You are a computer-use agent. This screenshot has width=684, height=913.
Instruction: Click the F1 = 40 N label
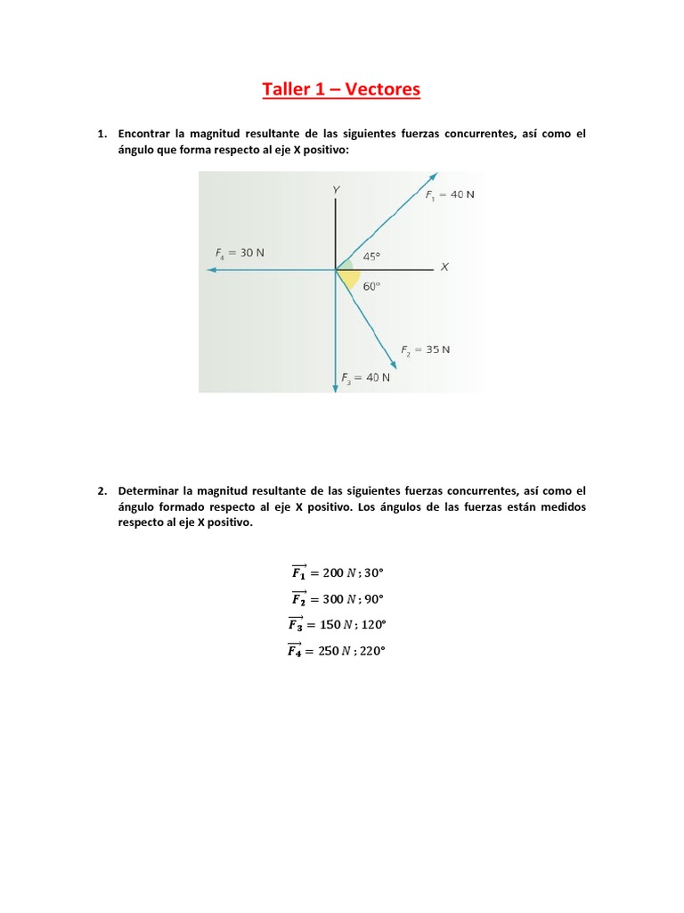449,195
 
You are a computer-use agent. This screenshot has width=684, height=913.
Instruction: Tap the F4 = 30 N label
240,252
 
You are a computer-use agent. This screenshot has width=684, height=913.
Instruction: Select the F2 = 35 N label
425,350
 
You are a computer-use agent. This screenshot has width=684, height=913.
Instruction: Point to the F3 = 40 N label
365,378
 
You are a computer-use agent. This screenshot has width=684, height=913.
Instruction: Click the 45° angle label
371,257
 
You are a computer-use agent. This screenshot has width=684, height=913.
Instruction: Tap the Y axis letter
336,190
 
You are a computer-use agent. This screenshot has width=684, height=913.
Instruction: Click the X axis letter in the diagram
444,267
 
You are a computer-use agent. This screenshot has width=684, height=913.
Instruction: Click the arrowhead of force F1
433,176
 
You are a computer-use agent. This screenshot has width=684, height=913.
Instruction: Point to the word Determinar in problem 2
148,490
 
